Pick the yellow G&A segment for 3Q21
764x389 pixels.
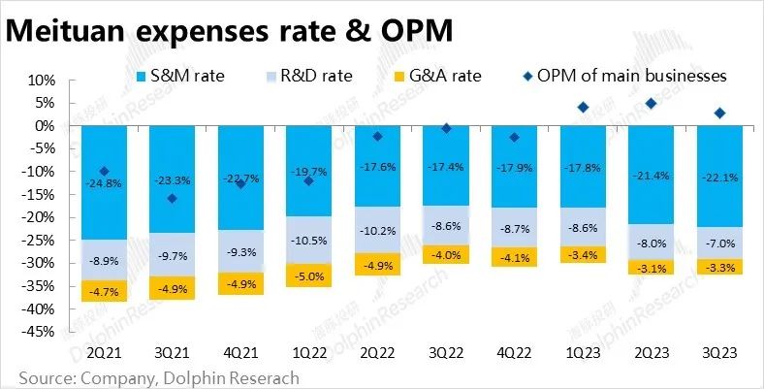[x=171, y=288]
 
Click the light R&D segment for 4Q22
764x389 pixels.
[x=514, y=228]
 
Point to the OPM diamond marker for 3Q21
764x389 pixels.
[x=173, y=199]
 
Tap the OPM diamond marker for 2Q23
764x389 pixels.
[x=651, y=103]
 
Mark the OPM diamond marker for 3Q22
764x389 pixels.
[x=445, y=128]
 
